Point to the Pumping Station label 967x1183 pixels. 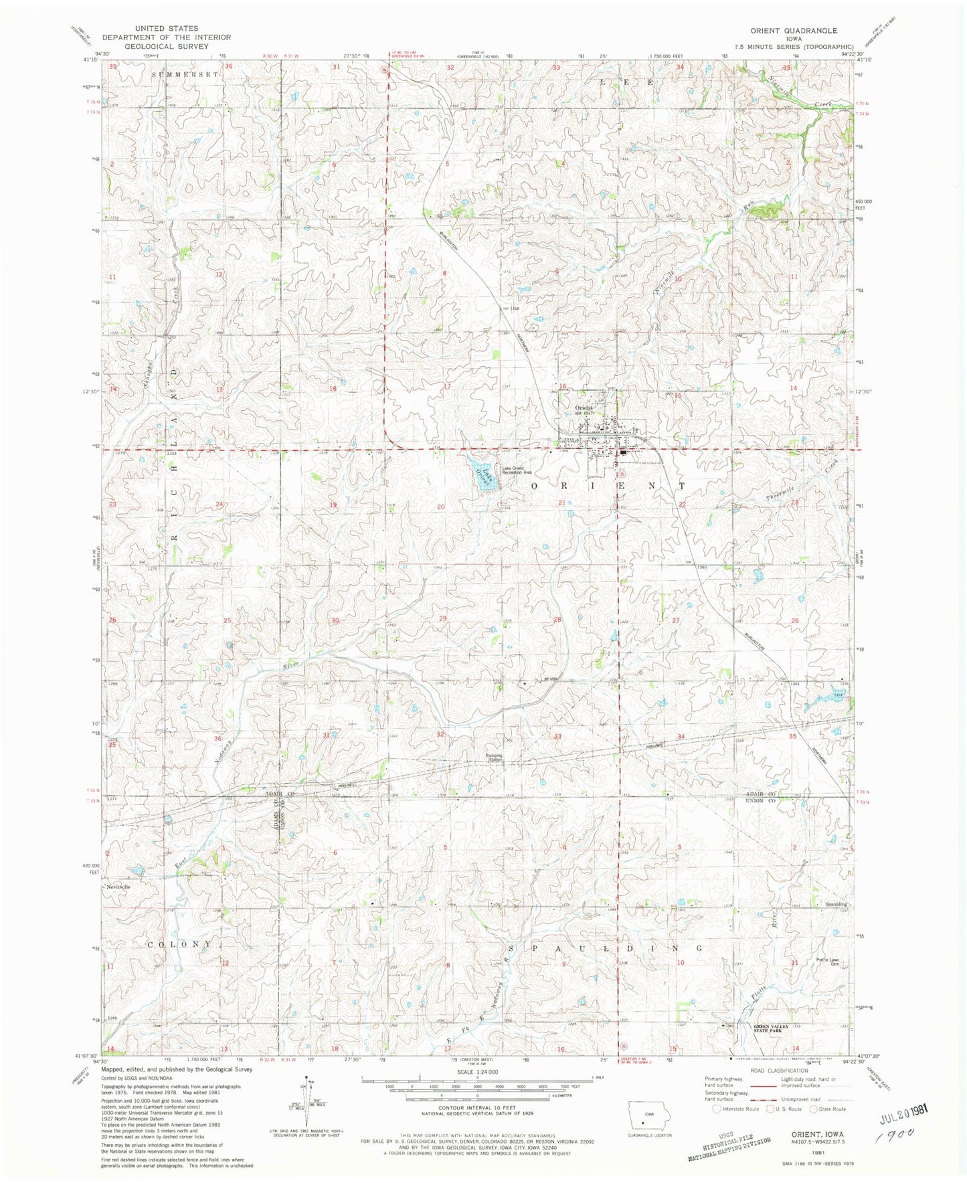(495, 757)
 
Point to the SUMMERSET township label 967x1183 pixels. (185, 74)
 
